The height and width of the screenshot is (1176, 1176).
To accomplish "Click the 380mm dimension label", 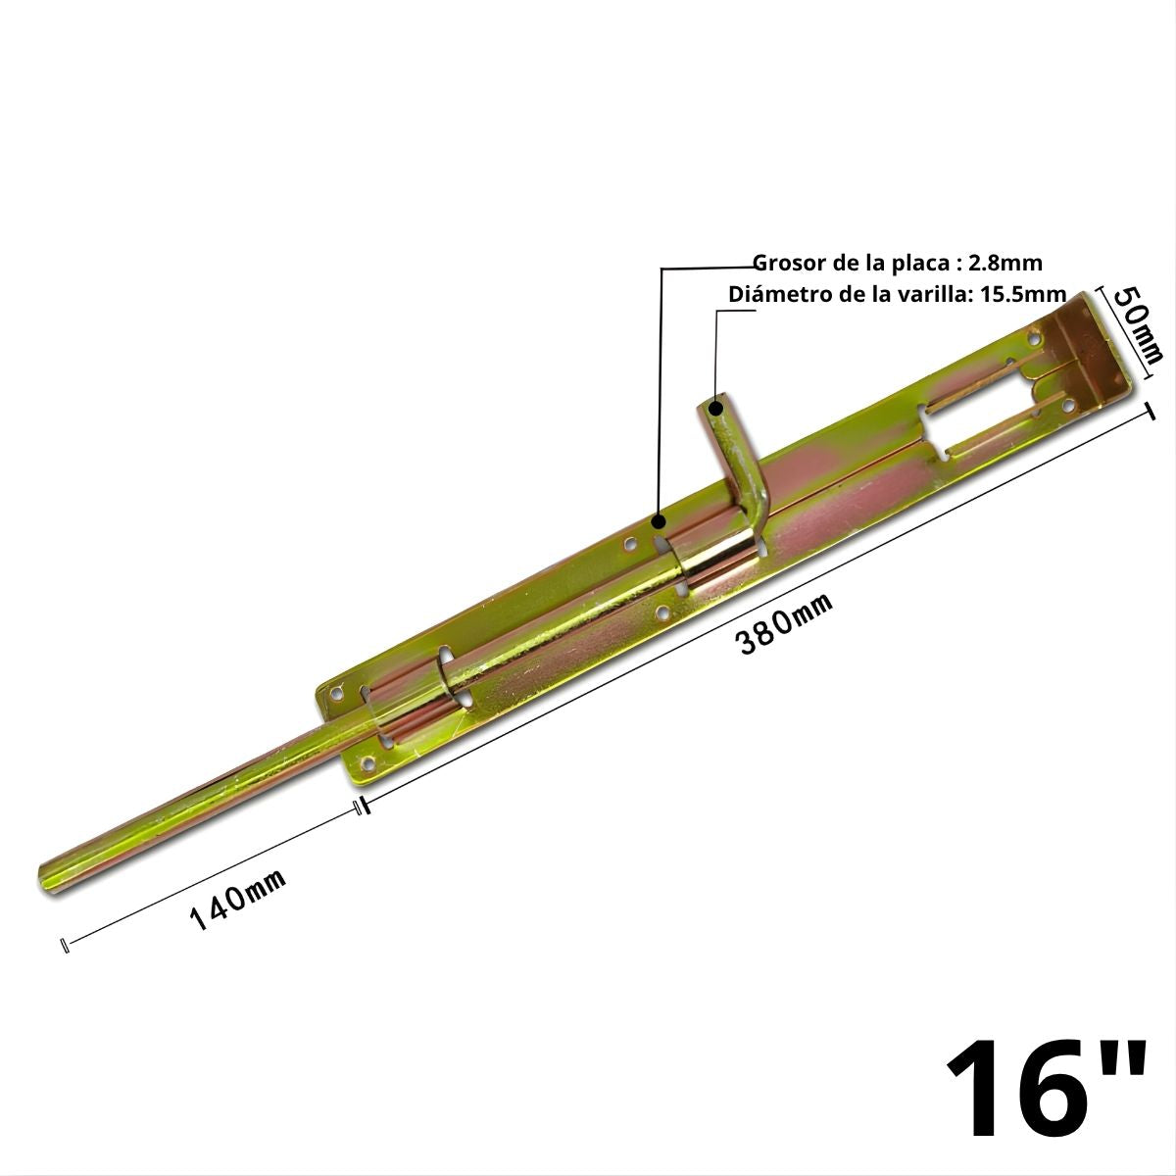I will pyautogui.click(x=784, y=624).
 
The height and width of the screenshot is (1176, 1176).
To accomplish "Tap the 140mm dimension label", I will pyautogui.click(x=237, y=900).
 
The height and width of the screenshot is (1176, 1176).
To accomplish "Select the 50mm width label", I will pyautogui.click(x=1138, y=323).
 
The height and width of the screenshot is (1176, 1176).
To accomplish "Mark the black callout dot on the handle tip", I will pyautogui.click(x=716, y=406).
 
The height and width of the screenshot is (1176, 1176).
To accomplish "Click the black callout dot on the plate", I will pyautogui.click(x=660, y=521).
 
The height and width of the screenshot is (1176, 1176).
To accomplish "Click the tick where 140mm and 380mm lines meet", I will pyautogui.click(x=361, y=807).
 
